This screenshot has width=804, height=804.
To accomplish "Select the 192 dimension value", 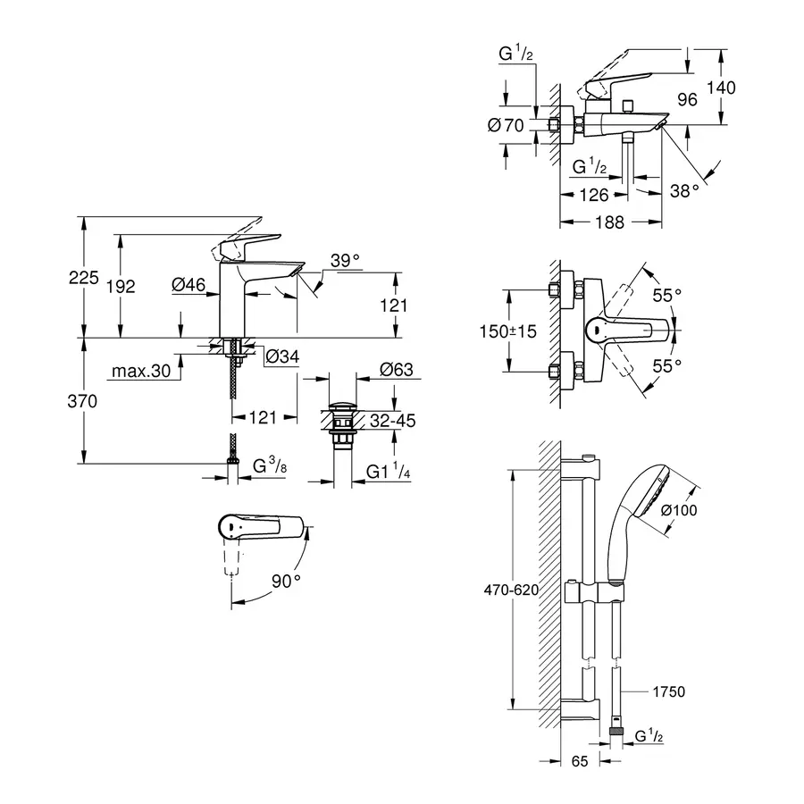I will (121, 286).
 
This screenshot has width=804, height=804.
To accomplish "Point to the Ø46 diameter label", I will (188, 284).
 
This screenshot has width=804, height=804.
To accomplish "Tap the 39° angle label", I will (345, 260).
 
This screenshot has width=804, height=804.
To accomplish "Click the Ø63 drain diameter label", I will (394, 369).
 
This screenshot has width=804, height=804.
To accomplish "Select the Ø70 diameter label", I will (505, 126).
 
